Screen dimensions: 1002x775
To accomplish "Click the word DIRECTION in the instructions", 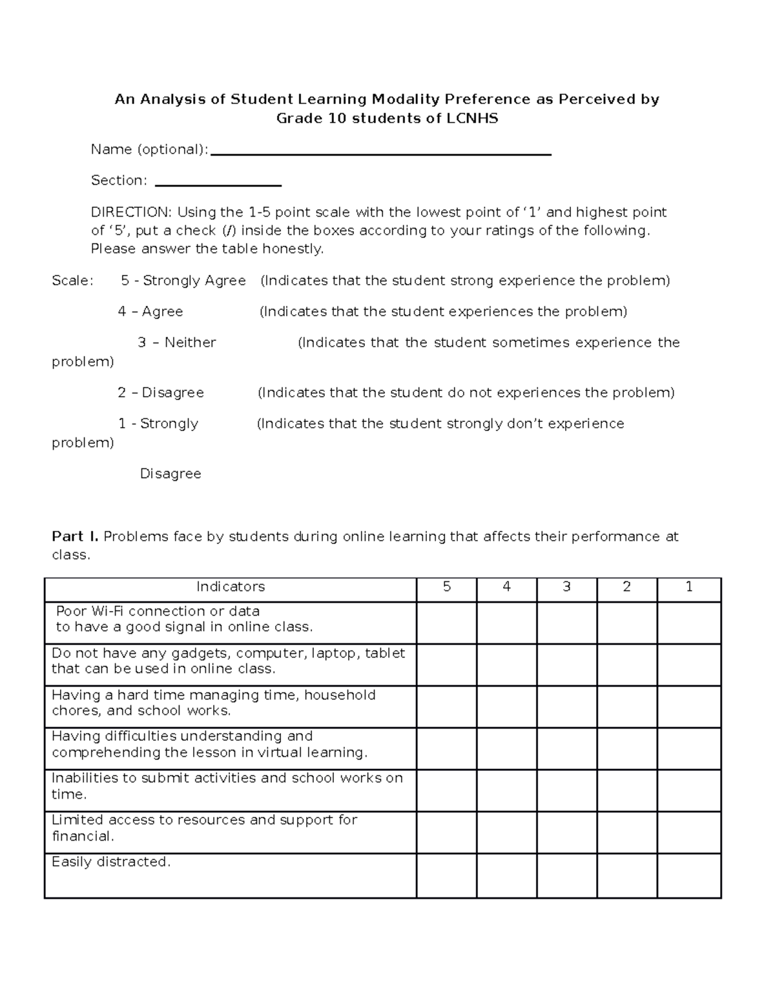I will [131, 212].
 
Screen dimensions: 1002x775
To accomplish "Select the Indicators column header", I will [231, 587].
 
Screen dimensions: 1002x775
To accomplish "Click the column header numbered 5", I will [447, 587].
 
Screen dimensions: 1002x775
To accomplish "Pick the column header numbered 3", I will [567, 587].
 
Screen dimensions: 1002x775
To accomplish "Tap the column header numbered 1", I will [689, 587].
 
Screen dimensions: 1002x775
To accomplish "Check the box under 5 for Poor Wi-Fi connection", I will [447, 623].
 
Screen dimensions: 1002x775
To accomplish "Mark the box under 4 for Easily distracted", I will [507, 876].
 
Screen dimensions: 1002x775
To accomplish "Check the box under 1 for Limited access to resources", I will [689, 832].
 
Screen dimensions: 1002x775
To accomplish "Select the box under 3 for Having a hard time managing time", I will [567, 706].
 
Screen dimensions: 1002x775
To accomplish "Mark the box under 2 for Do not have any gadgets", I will [627, 665].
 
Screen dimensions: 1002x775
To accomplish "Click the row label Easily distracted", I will [111, 862].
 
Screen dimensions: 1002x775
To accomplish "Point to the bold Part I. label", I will [75, 537].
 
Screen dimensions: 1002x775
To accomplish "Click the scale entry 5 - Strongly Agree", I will [183, 281].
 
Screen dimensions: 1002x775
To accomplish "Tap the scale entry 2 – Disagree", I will [161, 393].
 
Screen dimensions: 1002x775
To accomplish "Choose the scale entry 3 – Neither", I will [177, 343].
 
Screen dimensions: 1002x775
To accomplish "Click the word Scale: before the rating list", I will [72, 281].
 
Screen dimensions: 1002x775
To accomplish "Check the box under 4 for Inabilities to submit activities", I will [507, 790].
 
